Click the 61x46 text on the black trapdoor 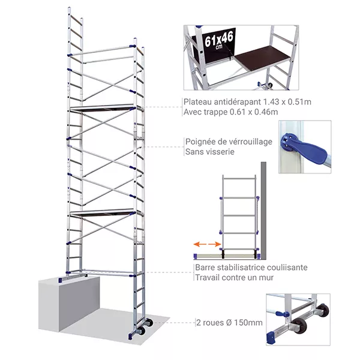click(x=219, y=40)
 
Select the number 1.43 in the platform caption click(x=272, y=102)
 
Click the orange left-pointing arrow click(x=199, y=244)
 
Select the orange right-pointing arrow click(x=215, y=244)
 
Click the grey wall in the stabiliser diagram click(x=263, y=211)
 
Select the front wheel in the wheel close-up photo click(x=299, y=325)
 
